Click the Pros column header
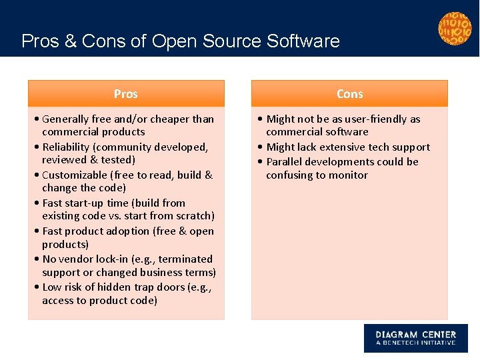(x=125, y=94)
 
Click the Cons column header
(x=349, y=94)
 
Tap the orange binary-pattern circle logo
(x=455, y=29)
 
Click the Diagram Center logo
(x=415, y=338)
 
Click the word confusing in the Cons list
(x=291, y=175)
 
